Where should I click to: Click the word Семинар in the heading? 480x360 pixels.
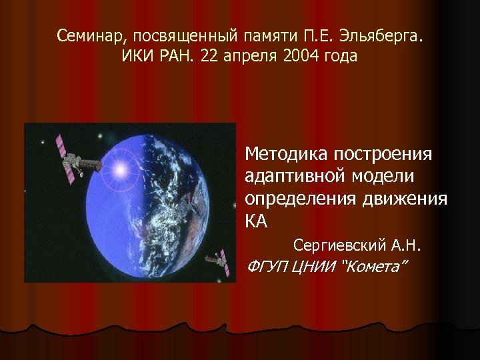click(84, 34)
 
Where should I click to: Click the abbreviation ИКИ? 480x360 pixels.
click(137, 56)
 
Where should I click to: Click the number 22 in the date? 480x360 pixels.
click(211, 56)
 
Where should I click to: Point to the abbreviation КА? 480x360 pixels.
click(257, 222)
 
